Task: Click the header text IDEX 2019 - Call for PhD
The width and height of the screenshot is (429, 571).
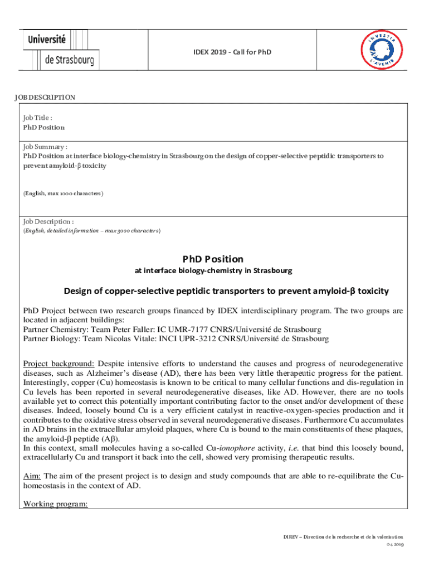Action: (x=232, y=52)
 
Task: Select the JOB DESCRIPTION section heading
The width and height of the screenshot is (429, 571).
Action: (x=45, y=98)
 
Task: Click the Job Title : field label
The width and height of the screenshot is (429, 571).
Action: (x=38, y=118)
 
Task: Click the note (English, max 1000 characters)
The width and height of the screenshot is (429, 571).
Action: (x=63, y=193)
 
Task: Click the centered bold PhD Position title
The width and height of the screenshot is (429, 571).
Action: (x=213, y=259)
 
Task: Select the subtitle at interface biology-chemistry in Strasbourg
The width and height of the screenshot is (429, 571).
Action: (x=213, y=272)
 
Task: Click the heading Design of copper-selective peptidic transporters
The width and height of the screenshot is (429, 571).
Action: (x=226, y=291)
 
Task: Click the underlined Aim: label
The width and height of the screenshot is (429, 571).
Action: (x=32, y=476)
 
